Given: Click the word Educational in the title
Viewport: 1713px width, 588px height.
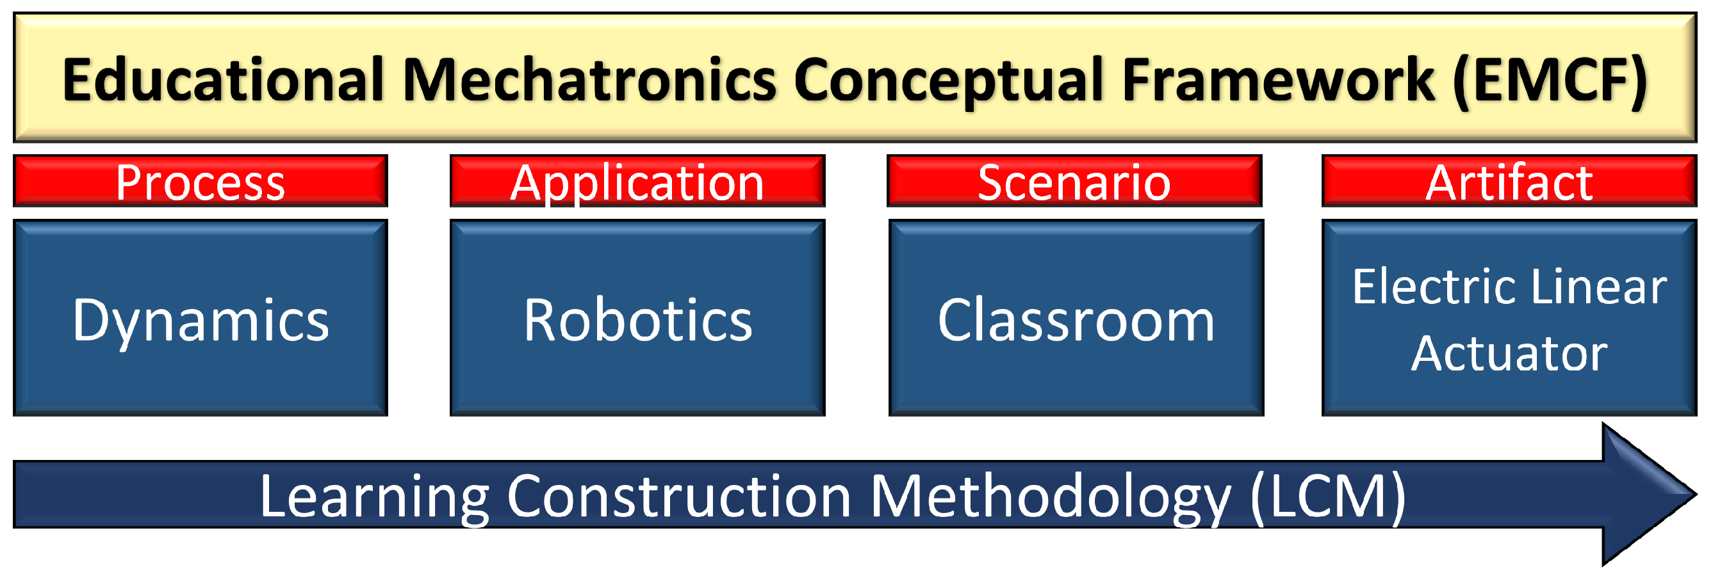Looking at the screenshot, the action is point(224,80).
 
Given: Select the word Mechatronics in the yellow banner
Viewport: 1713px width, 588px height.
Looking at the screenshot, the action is point(590,80).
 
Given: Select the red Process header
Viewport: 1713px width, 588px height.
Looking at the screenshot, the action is point(200,180).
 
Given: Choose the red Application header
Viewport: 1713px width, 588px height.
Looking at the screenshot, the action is point(637,180).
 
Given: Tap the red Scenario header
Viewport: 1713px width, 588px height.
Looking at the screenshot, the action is point(1074,180).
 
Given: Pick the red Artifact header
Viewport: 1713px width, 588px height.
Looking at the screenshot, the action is point(1509,180).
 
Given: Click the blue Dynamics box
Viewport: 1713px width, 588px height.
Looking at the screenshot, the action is point(200,317).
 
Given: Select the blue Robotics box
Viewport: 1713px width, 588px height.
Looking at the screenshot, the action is point(637,317).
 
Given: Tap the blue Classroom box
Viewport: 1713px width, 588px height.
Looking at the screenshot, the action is point(1076,317).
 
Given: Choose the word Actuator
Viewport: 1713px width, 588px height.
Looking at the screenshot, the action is point(1509,353).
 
